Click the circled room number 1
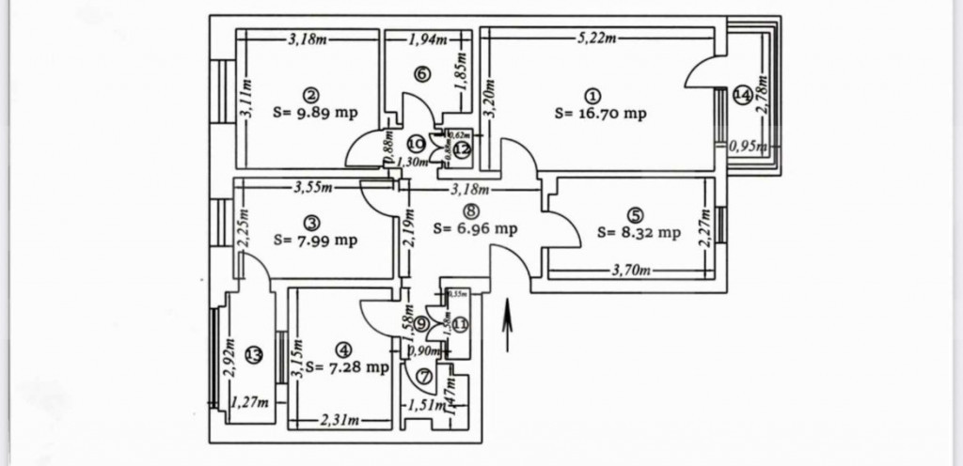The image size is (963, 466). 592,94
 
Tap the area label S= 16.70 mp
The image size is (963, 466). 600,113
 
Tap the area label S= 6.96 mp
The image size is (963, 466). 476,228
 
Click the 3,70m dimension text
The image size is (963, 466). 625,272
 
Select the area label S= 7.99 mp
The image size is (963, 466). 315,240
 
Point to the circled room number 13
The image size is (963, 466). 252,354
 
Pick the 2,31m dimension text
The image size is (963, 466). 341,420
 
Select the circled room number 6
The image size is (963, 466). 422,73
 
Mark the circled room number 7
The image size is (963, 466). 422,377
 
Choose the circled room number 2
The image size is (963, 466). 310,94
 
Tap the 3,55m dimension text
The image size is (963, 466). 314,186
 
